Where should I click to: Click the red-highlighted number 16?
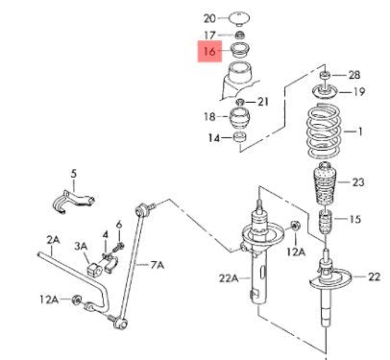coord(209,51)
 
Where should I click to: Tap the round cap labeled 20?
coord(239,18)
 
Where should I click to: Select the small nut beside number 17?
coord(239,35)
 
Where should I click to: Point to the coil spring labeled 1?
coord(324,131)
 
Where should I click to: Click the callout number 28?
coord(354,75)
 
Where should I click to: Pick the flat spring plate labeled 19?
coord(325,92)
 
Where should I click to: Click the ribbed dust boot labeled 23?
coord(325,184)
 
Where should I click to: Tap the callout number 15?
coord(354,219)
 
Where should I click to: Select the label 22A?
coord(229,278)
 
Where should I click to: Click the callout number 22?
coord(374,276)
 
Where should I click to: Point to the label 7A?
coord(158,265)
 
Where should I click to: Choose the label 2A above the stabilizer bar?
coord(53,239)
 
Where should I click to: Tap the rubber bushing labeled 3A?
coord(93,269)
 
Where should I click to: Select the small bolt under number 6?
coord(119,247)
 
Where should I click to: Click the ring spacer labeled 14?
coord(240,137)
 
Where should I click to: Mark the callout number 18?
coord(209,116)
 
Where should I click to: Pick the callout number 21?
coord(263,102)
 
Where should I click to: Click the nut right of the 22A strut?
coord(295,226)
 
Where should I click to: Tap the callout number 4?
coord(106,235)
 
